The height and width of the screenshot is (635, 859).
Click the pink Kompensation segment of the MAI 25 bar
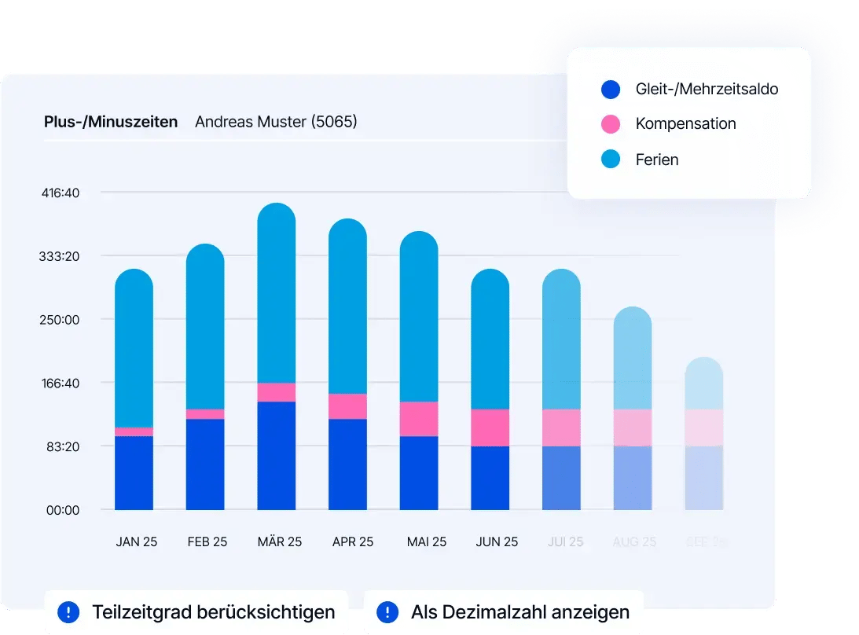pos(418,418)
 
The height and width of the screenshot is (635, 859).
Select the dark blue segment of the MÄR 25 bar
pos(276,455)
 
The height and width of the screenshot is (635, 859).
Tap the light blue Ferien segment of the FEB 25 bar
pos(205,330)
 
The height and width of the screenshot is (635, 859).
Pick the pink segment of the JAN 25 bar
pos(134,431)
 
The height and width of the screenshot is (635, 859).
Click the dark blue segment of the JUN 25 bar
pos(490,478)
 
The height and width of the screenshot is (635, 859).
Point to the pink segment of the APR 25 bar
pos(347,406)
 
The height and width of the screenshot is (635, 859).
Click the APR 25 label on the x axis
pos(353,542)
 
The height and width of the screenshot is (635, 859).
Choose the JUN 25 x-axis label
pos(497,542)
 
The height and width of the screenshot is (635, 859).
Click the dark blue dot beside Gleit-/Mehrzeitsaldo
pos(611,89)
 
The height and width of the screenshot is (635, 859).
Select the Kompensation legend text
pos(685,124)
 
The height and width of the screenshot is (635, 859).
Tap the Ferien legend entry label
pos(656,160)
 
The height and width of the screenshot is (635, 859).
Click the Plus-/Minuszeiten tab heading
pos(111,122)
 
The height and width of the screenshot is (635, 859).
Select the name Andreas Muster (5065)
pos(276,122)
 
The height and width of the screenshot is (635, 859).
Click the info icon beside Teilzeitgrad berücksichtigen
pos(68,611)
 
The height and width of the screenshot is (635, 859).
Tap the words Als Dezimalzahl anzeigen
pos(519,611)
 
